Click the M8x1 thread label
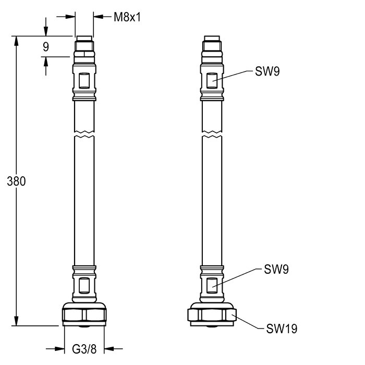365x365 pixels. click(x=127, y=17)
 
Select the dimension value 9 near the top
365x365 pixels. click(x=46, y=47)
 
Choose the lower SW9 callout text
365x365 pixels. click(x=276, y=270)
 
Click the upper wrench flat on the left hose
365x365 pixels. click(x=83, y=81)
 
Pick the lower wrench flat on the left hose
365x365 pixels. click(x=83, y=285)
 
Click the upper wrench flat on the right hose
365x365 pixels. click(x=212, y=81)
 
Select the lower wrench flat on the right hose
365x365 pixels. click(x=212, y=285)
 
